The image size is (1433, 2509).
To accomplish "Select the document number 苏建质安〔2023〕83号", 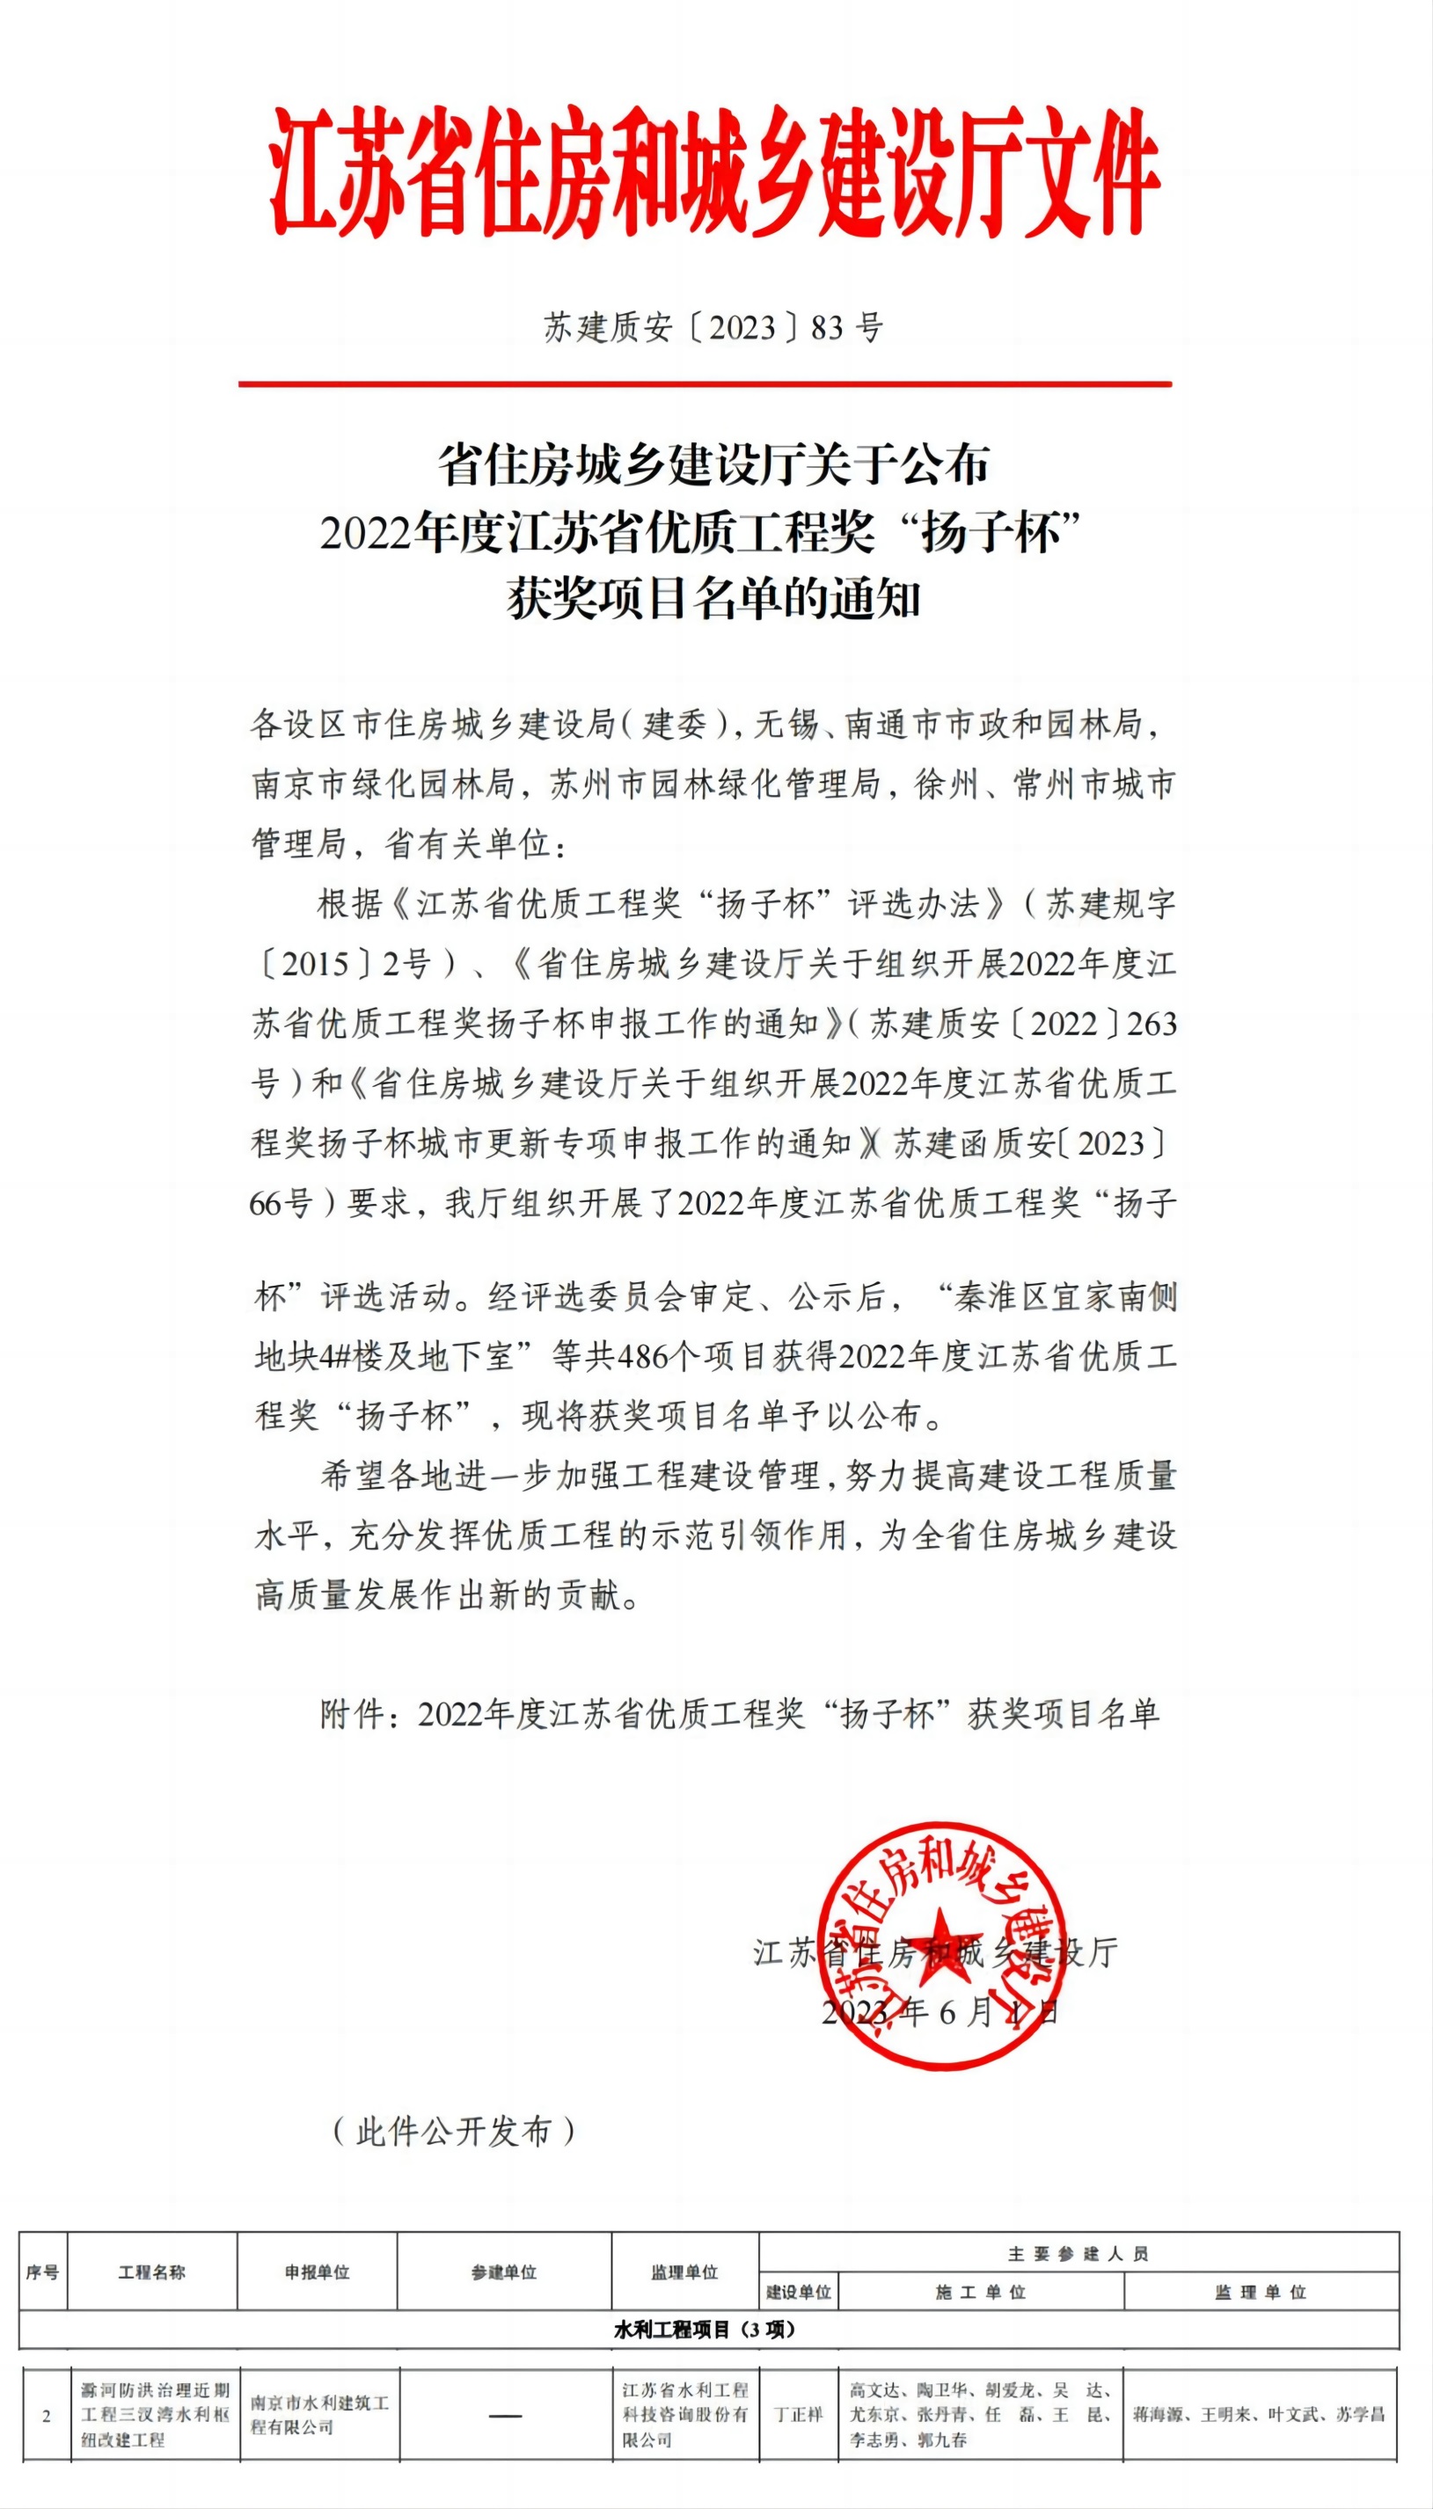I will pyautogui.click(x=713, y=328).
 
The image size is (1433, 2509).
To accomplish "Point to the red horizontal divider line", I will pyautogui.click(x=705, y=383).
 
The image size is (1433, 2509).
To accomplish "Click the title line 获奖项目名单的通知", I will pyautogui.click(x=713, y=598).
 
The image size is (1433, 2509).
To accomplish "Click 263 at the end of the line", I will pyautogui.click(x=1152, y=1025).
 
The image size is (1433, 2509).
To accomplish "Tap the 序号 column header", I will pyautogui.click(x=42, y=2272).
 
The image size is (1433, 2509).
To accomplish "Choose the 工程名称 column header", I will pyautogui.click(x=151, y=2272).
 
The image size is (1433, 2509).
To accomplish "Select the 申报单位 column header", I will pyautogui.click(x=317, y=2272).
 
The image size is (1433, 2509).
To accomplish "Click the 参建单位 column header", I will pyautogui.click(x=504, y=2272).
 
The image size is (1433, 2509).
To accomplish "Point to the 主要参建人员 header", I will pyautogui.click(x=1078, y=2253).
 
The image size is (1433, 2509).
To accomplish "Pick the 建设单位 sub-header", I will pyautogui.click(x=798, y=2292).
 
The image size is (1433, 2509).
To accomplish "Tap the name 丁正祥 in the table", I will pyautogui.click(x=798, y=2415).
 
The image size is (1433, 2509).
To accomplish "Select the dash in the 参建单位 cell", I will pyautogui.click(x=505, y=2416).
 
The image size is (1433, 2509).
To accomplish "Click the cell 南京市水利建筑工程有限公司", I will pyautogui.click(x=318, y=2415).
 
